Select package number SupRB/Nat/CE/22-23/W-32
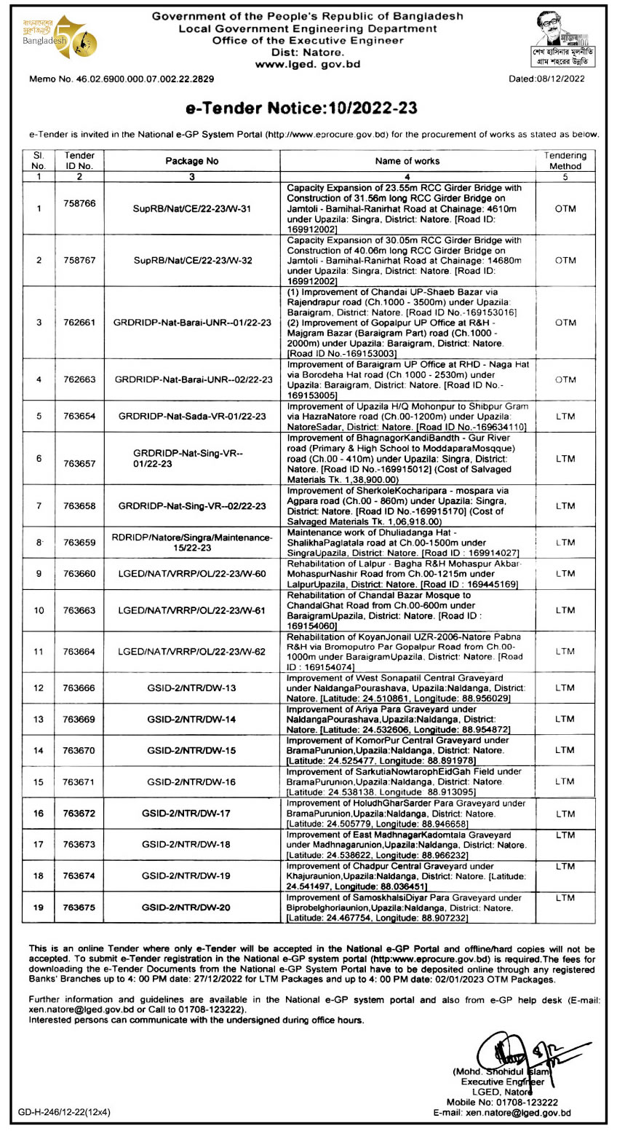coord(191,260)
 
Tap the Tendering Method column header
coord(565,161)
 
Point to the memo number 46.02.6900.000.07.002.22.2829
coord(121,79)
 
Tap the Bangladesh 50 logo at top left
coord(59,38)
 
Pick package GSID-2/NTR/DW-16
coord(191,781)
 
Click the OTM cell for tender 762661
coord(565,322)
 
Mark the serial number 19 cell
coord(39,907)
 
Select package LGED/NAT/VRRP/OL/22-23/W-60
coord(191,573)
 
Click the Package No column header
coord(191,161)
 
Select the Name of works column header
coord(407,161)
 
